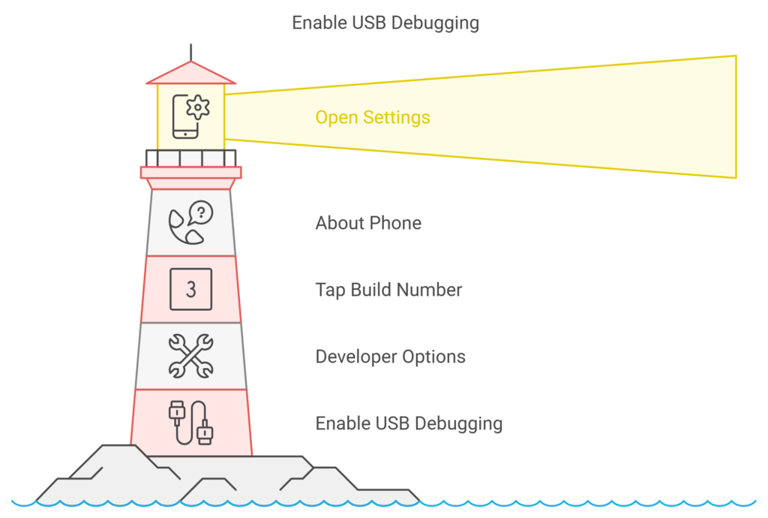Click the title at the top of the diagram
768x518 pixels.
(385, 23)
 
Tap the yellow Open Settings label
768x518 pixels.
(373, 118)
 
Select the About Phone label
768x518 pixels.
(368, 223)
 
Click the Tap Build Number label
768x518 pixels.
(388, 290)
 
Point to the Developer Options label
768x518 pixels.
(390, 357)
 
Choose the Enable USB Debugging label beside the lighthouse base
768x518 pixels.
(409, 423)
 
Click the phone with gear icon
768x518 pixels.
(190, 116)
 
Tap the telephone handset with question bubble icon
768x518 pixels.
(190, 223)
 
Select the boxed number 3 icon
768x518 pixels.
(190, 290)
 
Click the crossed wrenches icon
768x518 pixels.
(190, 357)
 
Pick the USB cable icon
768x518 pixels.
(190, 423)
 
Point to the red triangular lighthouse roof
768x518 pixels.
(190, 74)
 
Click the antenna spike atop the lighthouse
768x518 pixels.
(190, 52)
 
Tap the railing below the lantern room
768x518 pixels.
(190, 158)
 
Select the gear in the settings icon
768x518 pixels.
(197, 107)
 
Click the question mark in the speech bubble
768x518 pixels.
(200, 212)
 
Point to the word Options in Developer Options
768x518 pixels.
(434, 357)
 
